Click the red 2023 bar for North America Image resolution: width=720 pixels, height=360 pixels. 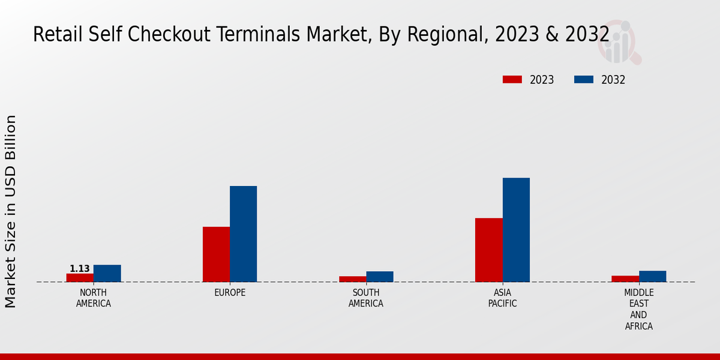point(80,278)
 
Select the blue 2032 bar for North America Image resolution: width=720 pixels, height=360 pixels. point(107,274)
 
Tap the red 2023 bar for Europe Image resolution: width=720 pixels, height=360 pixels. point(216,254)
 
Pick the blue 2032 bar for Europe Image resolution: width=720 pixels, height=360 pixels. point(243,234)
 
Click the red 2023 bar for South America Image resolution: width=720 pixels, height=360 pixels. point(352,279)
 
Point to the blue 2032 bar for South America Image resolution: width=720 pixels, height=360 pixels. point(380,277)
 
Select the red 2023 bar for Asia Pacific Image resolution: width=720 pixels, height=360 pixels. point(488,250)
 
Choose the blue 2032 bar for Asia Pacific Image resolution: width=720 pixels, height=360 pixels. point(516,230)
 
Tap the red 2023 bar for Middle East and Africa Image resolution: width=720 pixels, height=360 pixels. point(625,278)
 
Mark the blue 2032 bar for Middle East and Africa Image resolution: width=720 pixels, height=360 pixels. point(652,276)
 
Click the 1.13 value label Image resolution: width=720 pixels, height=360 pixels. point(80,269)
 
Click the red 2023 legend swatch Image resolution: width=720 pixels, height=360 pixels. point(512,80)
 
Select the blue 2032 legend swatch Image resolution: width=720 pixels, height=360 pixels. point(584,80)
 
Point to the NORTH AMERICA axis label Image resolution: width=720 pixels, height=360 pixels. point(94,298)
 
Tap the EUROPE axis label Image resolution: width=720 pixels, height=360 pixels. point(230,293)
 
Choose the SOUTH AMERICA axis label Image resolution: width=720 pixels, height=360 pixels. point(366,298)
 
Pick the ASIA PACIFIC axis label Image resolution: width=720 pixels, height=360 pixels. point(502,298)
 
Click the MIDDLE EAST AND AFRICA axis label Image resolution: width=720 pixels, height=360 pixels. point(638,310)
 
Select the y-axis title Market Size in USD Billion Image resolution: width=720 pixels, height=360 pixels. point(11,211)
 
